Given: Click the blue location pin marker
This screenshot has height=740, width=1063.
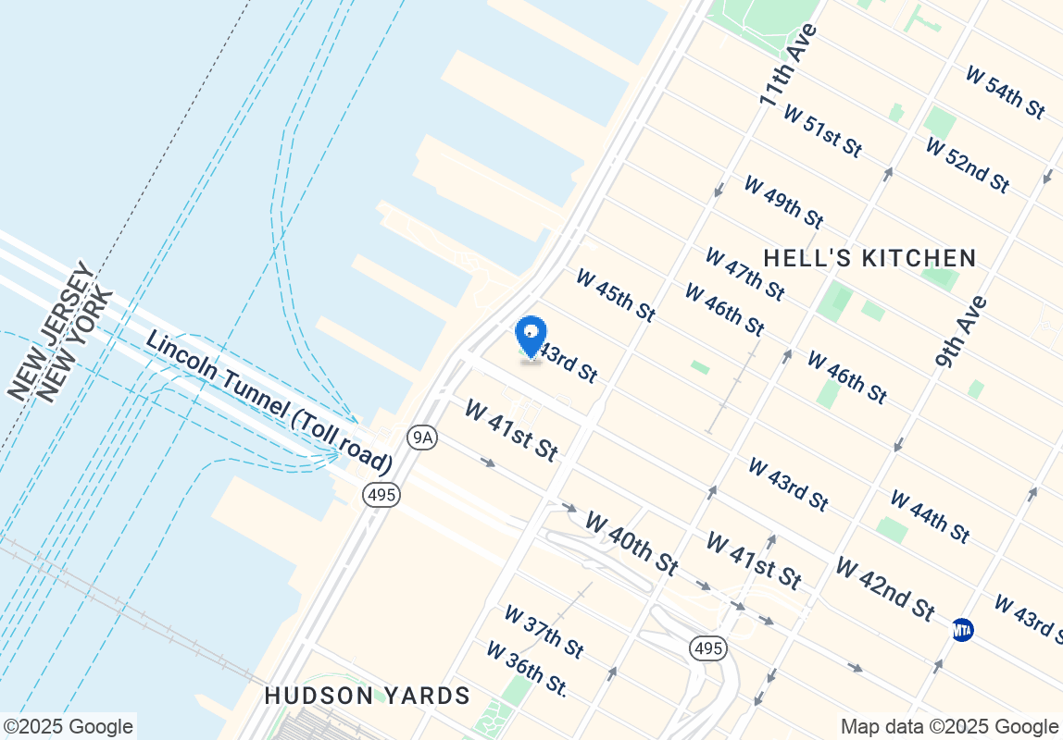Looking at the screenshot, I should [531, 337].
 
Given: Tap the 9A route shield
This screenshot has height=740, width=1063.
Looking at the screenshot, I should [422, 438].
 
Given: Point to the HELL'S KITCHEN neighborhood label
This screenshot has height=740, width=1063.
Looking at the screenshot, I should [869, 258].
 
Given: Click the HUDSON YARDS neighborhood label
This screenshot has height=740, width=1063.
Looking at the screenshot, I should [368, 696].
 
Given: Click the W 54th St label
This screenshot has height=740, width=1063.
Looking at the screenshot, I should [1005, 91].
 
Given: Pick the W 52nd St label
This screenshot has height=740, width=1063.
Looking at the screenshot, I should [967, 166].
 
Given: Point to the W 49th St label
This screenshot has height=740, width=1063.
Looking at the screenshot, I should [783, 202].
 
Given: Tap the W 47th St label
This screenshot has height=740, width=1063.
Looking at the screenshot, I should [744, 274].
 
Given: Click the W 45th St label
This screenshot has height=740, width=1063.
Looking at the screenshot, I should [616, 295].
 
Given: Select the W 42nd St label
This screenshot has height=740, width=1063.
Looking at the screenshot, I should [884, 588].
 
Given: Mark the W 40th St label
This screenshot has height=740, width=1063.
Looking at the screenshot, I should [632, 542].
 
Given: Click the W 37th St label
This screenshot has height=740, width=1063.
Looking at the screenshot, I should [544, 632].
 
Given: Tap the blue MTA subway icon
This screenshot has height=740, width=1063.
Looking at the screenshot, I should [963, 631].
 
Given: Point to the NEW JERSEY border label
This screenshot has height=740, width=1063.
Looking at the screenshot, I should [50, 331].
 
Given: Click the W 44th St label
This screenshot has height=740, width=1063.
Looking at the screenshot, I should [930, 516].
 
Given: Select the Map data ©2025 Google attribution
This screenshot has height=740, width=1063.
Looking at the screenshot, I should [949, 726].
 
